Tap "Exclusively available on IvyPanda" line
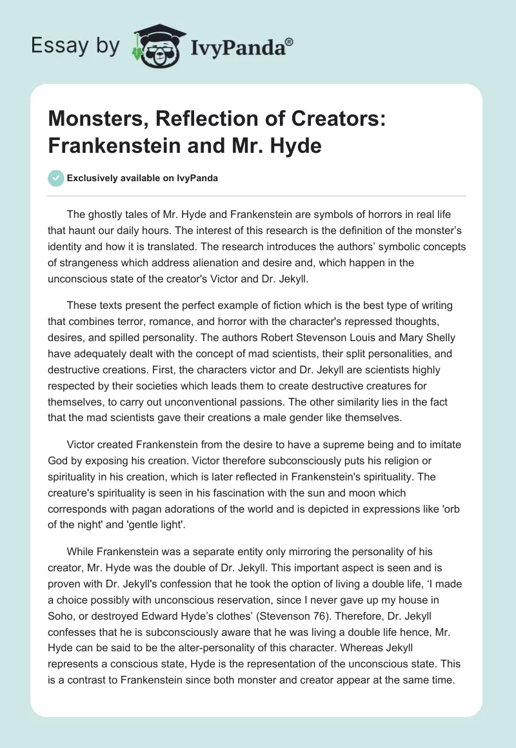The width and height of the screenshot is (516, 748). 142,179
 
